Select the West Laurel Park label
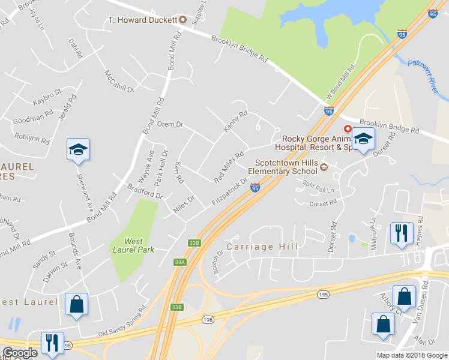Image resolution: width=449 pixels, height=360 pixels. coord(133,245)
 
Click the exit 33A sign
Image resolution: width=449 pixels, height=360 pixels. coord(179,262)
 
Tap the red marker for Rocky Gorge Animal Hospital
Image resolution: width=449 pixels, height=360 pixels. coord(347,129)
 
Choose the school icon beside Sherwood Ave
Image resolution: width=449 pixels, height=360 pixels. coord(78,150)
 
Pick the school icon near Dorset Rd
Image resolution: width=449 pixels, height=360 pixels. coord(363,140)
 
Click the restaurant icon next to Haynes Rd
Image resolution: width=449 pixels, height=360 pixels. coord(401,232)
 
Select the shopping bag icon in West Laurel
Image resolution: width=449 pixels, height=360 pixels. coord(77,305)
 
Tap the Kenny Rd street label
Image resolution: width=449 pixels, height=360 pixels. coord(235,122)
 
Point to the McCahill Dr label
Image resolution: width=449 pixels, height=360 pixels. coord(118,81)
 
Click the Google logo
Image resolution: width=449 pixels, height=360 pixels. coord(20,353)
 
